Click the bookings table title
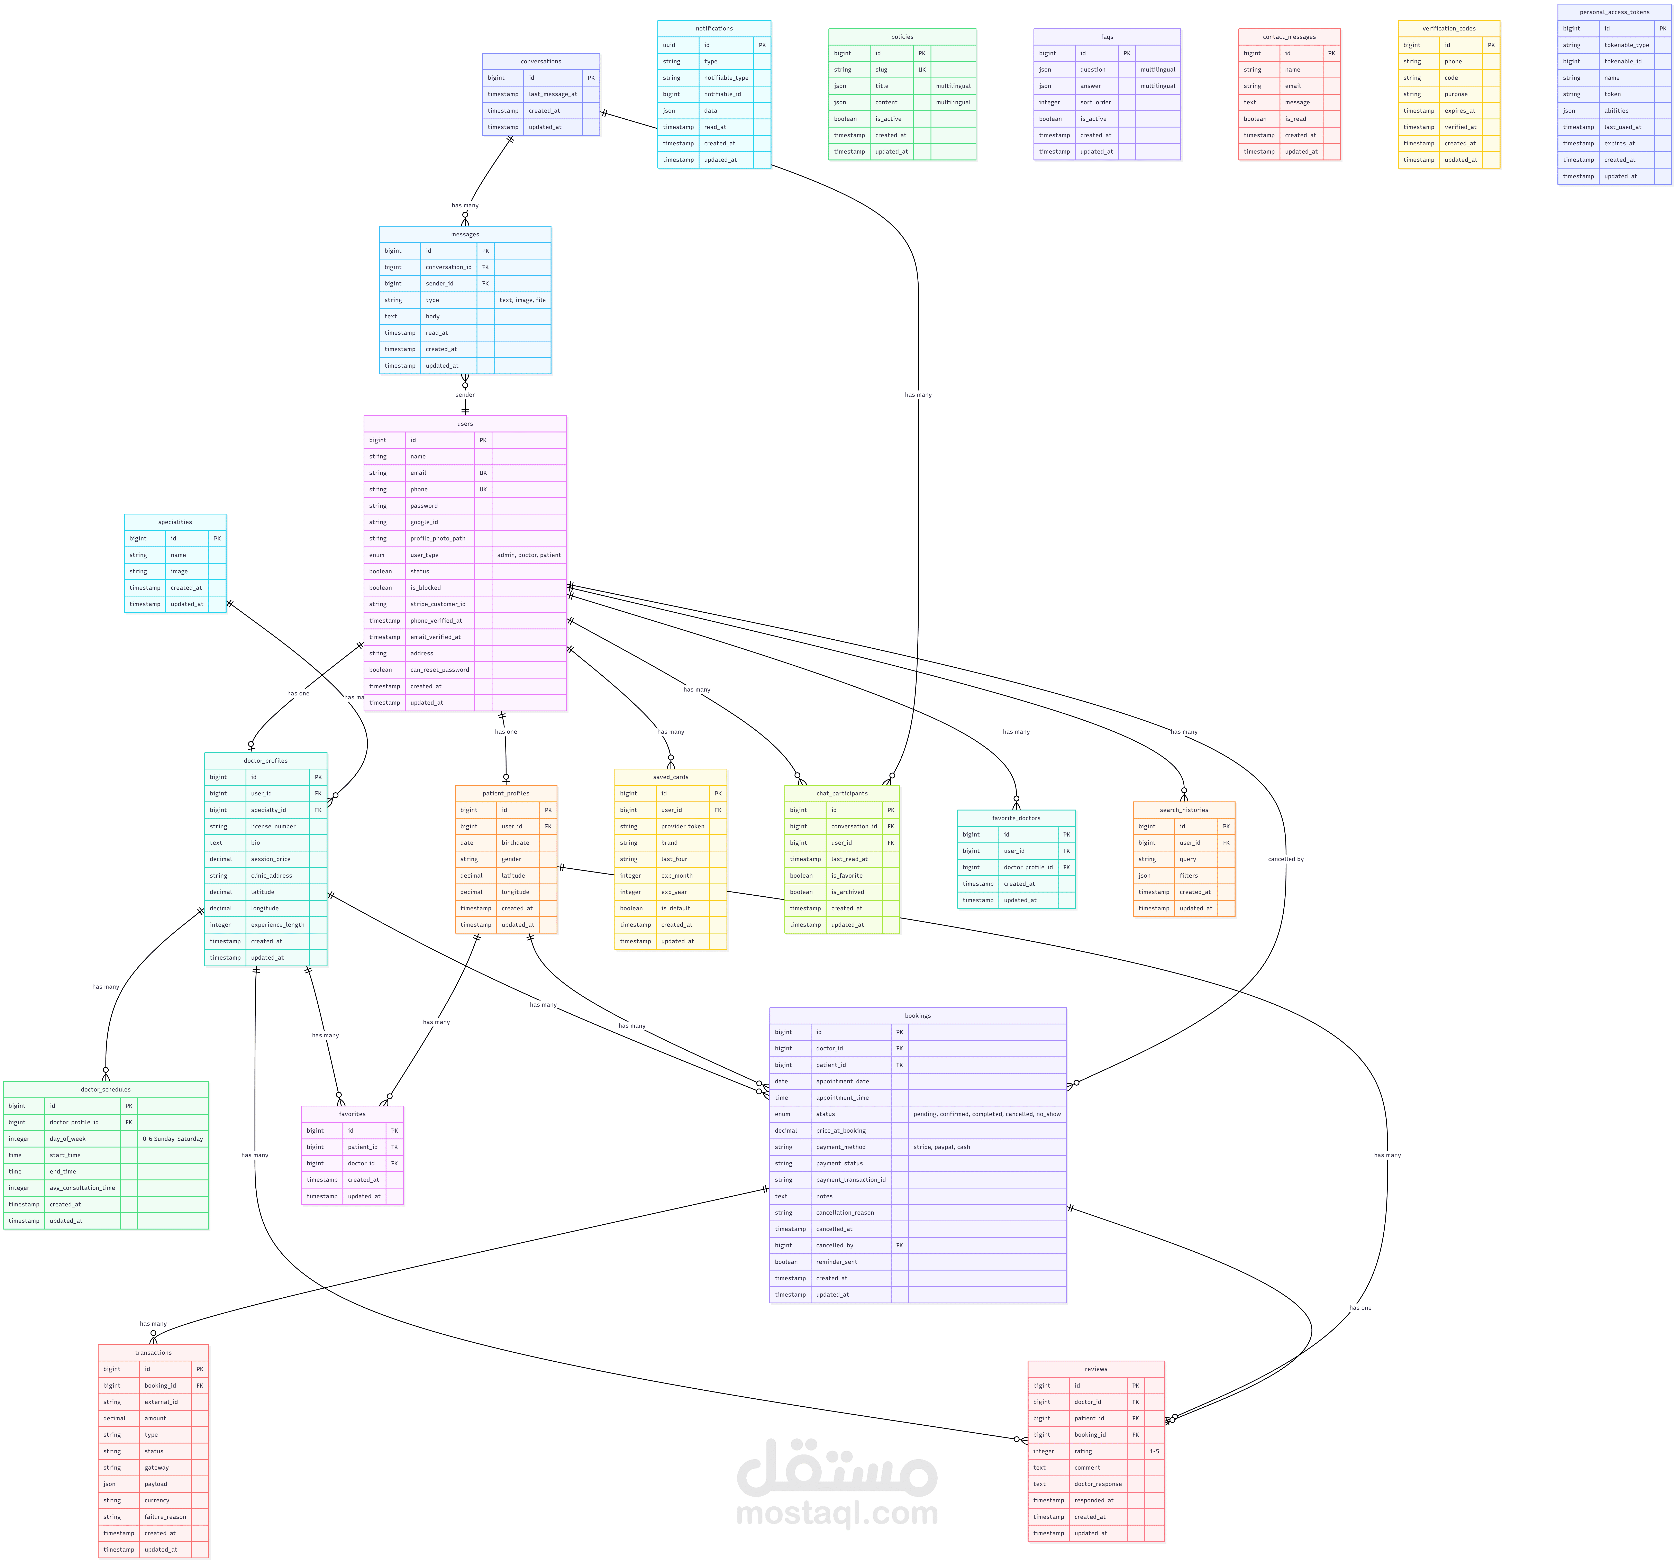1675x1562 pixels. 918,1016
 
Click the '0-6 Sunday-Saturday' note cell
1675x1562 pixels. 173,1139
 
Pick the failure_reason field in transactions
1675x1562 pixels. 165,1517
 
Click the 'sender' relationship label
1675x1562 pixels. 465,394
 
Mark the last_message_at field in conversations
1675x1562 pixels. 553,94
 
